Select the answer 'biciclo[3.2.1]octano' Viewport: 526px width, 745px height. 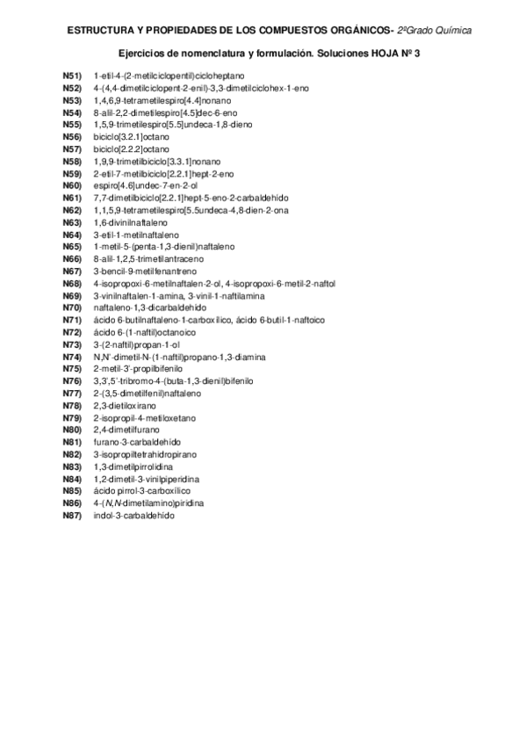131,138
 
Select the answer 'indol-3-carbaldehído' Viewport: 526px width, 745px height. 133,515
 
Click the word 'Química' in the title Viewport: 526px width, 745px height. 450,31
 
